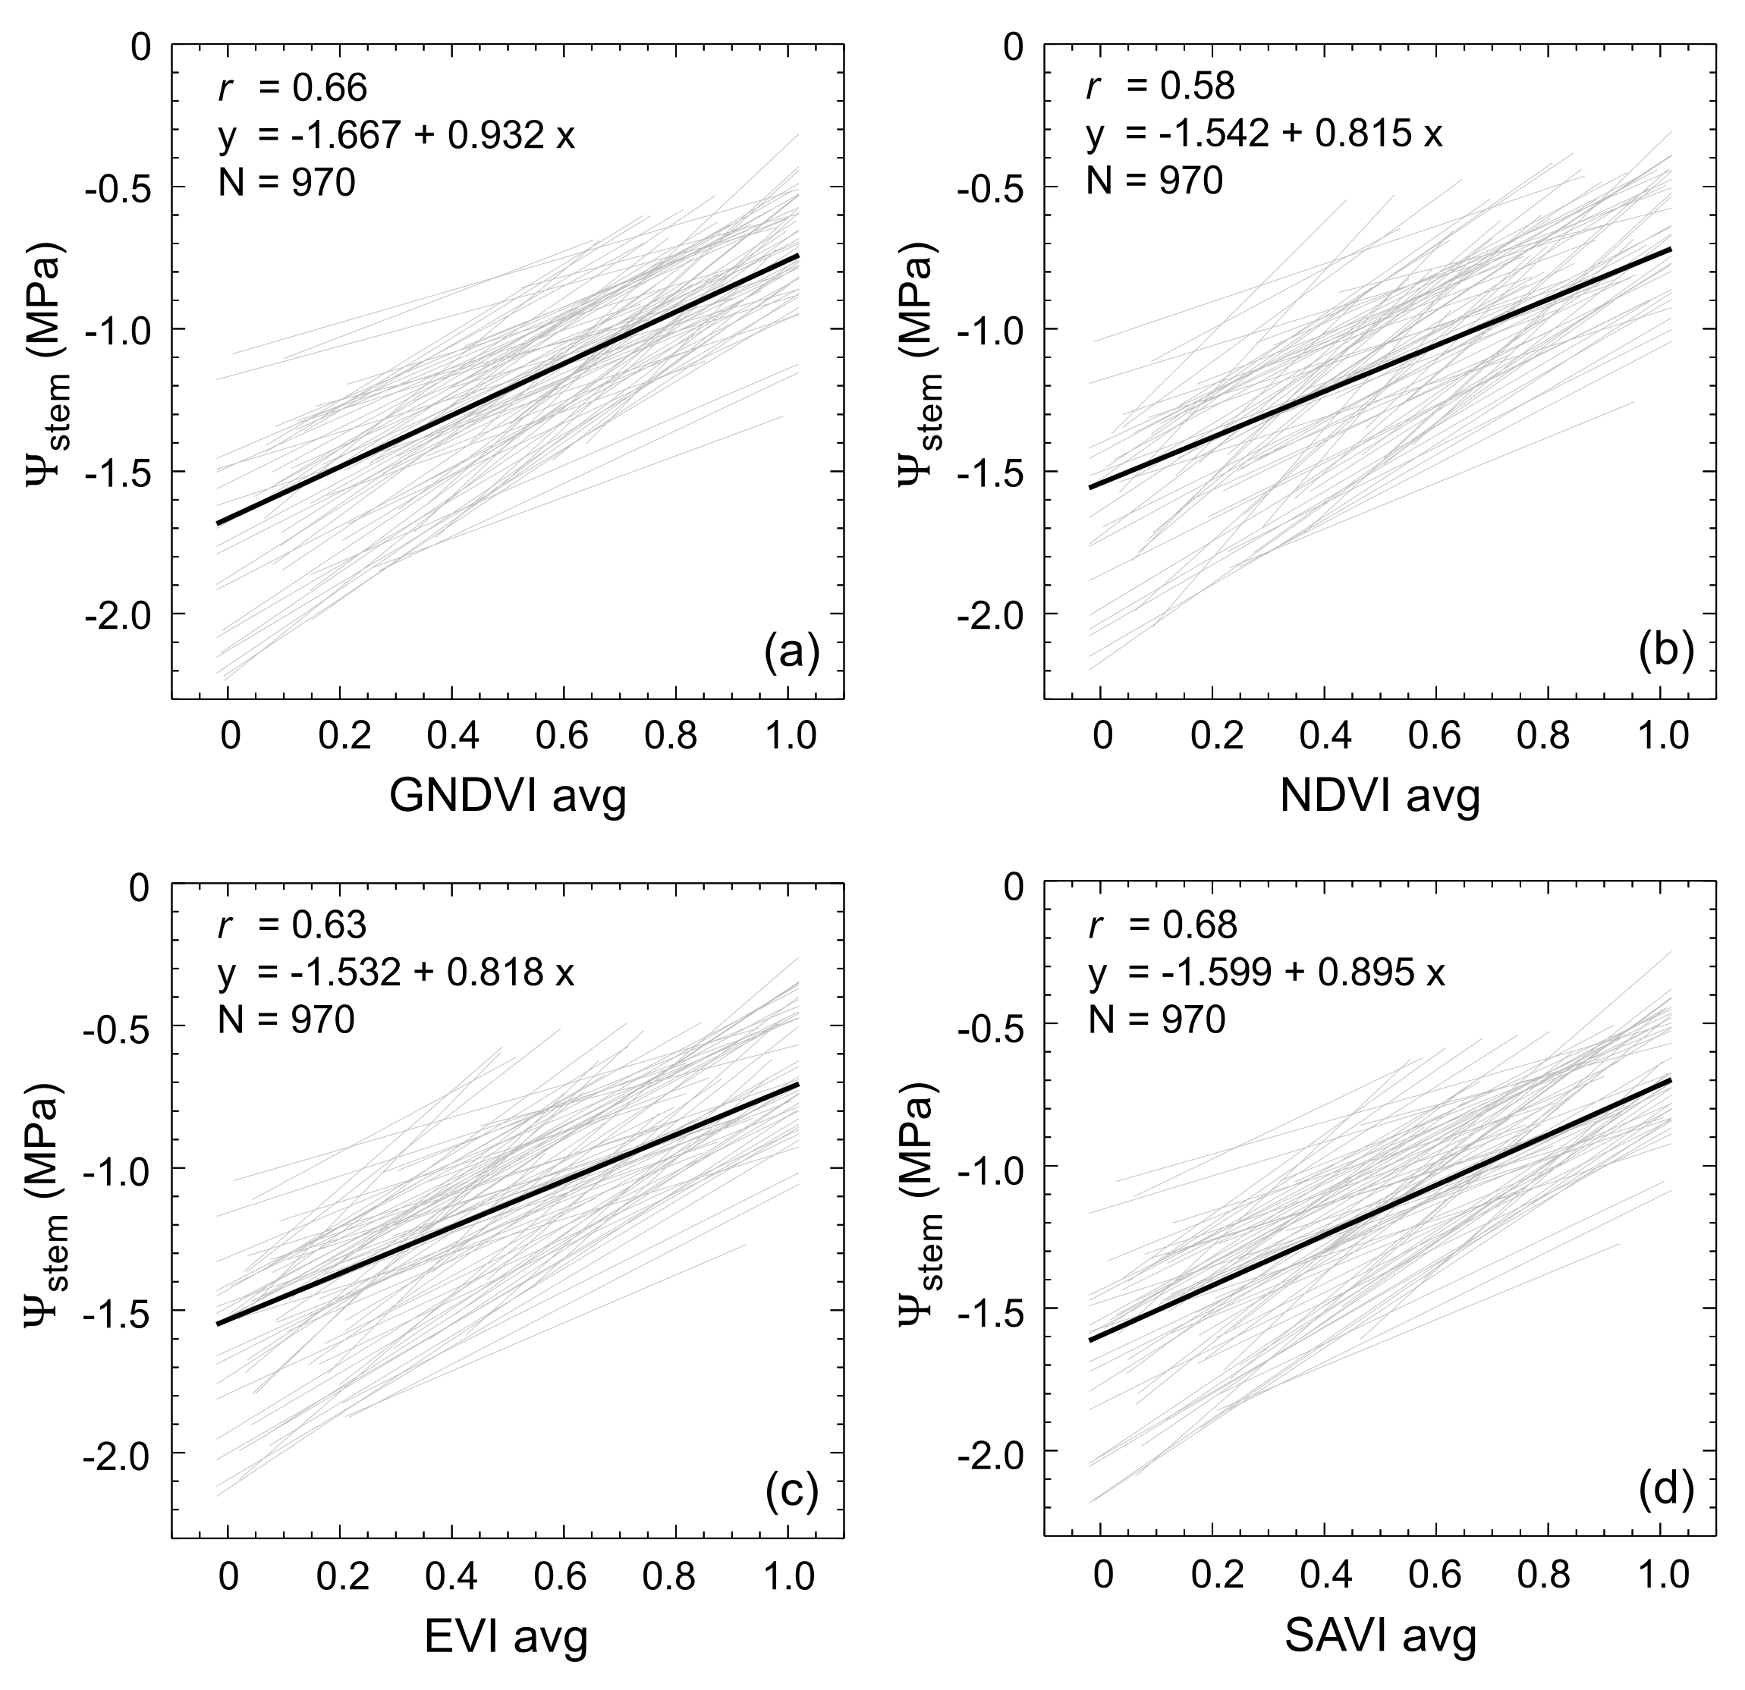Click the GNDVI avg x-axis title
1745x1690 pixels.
[508, 796]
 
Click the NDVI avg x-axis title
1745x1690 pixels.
[1380, 796]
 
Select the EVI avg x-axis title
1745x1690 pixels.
[508, 1635]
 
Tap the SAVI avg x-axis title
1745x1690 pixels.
[1380, 1635]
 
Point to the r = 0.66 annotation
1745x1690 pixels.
[292, 88]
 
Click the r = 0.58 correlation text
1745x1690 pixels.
[1161, 86]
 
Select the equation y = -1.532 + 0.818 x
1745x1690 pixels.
[396, 974]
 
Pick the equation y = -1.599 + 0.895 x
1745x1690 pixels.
[1266, 974]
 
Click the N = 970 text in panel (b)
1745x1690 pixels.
[1154, 183]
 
